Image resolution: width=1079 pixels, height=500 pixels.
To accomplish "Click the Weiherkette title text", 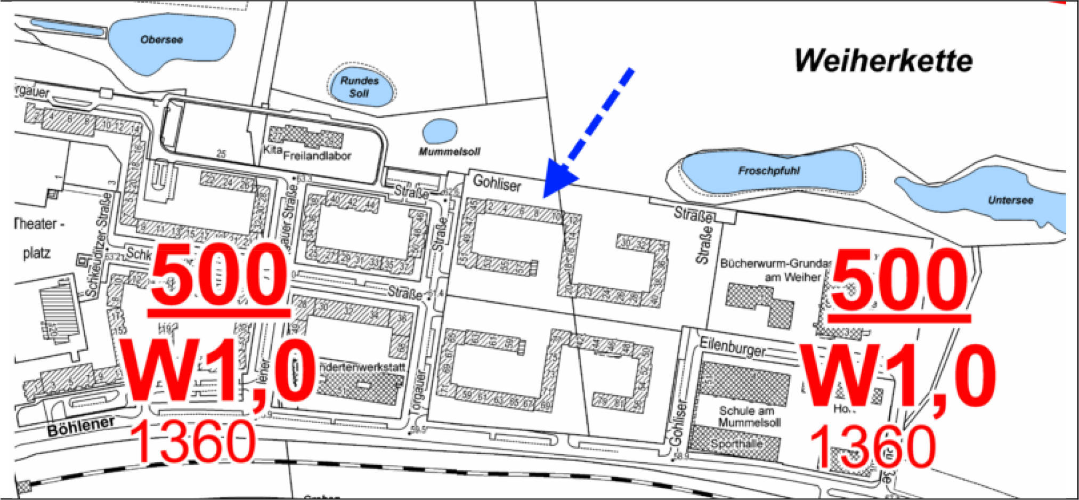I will (883, 61).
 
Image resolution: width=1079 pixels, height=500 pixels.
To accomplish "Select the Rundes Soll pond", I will (360, 87).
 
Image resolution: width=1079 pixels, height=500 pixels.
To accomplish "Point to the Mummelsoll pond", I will (440, 131).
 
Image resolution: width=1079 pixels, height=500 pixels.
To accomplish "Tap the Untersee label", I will (1010, 200).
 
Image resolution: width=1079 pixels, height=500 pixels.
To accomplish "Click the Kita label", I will (272, 150).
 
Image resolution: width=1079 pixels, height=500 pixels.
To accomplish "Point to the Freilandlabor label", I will (317, 156).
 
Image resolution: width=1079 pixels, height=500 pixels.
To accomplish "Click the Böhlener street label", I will (81, 426).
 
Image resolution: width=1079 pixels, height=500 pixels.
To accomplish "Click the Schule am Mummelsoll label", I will (749, 416).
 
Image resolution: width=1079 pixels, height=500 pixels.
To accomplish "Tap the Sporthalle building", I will (735, 443).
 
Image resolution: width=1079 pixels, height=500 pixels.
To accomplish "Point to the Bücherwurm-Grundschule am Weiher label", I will (775, 270).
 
